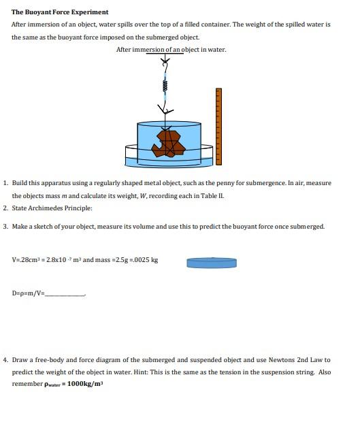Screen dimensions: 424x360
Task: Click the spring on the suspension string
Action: [164, 86]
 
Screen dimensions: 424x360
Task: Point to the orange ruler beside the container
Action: [218, 126]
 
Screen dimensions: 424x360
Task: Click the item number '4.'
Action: [6, 360]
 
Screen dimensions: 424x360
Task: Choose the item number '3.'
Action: [6, 226]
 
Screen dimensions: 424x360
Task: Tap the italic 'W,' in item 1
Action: [141, 195]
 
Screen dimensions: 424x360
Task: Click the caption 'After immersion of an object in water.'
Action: [171, 50]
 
